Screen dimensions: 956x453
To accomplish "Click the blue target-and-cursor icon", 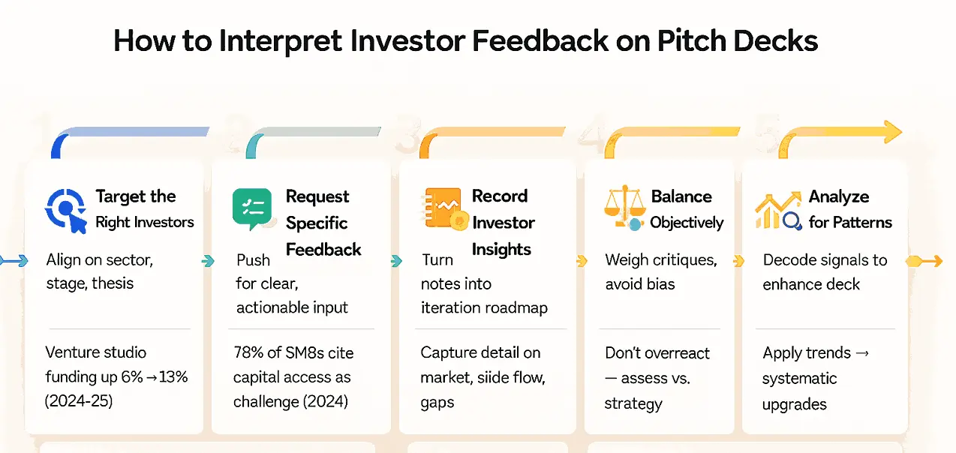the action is [66, 211].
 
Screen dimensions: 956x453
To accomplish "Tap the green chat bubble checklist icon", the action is [252, 209].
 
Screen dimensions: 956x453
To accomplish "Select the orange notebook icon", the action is [445, 209].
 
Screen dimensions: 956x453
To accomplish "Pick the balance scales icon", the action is [625, 208].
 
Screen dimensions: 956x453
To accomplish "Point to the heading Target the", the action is [136, 196].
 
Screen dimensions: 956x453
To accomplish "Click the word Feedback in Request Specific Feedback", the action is [323, 250].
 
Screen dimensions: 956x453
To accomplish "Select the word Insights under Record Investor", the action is [501, 250].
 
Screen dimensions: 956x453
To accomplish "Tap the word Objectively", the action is [687, 223].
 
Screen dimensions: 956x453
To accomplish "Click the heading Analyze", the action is [839, 196].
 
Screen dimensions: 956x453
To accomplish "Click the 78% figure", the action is [248, 352].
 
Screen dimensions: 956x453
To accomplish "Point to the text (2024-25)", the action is [79, 401].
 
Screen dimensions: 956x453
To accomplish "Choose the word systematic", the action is [799, 378].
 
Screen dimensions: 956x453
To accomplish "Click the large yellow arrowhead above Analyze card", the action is [893, 131].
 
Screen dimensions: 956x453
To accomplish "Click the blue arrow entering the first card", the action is [14, 260].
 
